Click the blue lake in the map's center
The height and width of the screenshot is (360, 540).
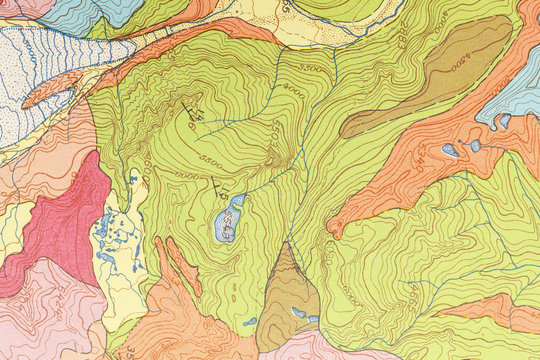[228, 219]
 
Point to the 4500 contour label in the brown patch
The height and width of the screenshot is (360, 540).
[459, 62]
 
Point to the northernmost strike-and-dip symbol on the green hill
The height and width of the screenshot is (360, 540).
[193, 108]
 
